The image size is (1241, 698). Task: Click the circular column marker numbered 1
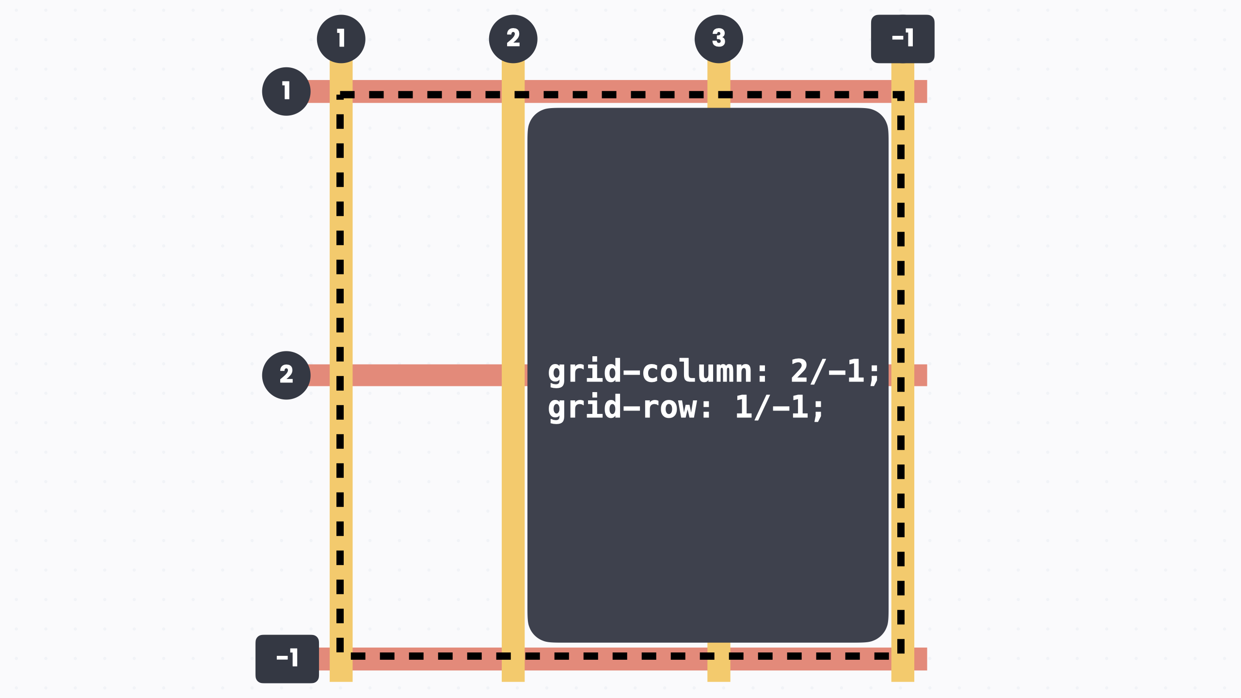[341, 39]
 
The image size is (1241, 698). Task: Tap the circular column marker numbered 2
[513, 39]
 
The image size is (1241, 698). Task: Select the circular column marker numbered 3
[718, 39]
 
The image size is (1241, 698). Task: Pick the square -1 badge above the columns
[903, 39]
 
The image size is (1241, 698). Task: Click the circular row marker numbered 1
[286, 91]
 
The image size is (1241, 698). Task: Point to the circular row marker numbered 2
[286, 375]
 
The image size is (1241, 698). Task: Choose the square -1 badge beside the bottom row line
[287, 659]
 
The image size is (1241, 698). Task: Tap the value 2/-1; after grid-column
[835, 372]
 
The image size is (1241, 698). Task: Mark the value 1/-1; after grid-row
[780, 407]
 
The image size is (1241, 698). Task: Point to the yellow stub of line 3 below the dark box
[718, 662]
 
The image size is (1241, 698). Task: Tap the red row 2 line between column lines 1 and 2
[427, 375]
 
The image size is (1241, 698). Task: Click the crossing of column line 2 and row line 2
[513, 375]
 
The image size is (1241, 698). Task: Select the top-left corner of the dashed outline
[340, 95]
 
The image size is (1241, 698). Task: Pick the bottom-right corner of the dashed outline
[901, 656]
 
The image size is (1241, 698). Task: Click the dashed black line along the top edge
[620, 95]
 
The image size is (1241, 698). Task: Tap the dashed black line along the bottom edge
[620, 656]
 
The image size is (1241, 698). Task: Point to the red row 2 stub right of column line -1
[921, 375]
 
